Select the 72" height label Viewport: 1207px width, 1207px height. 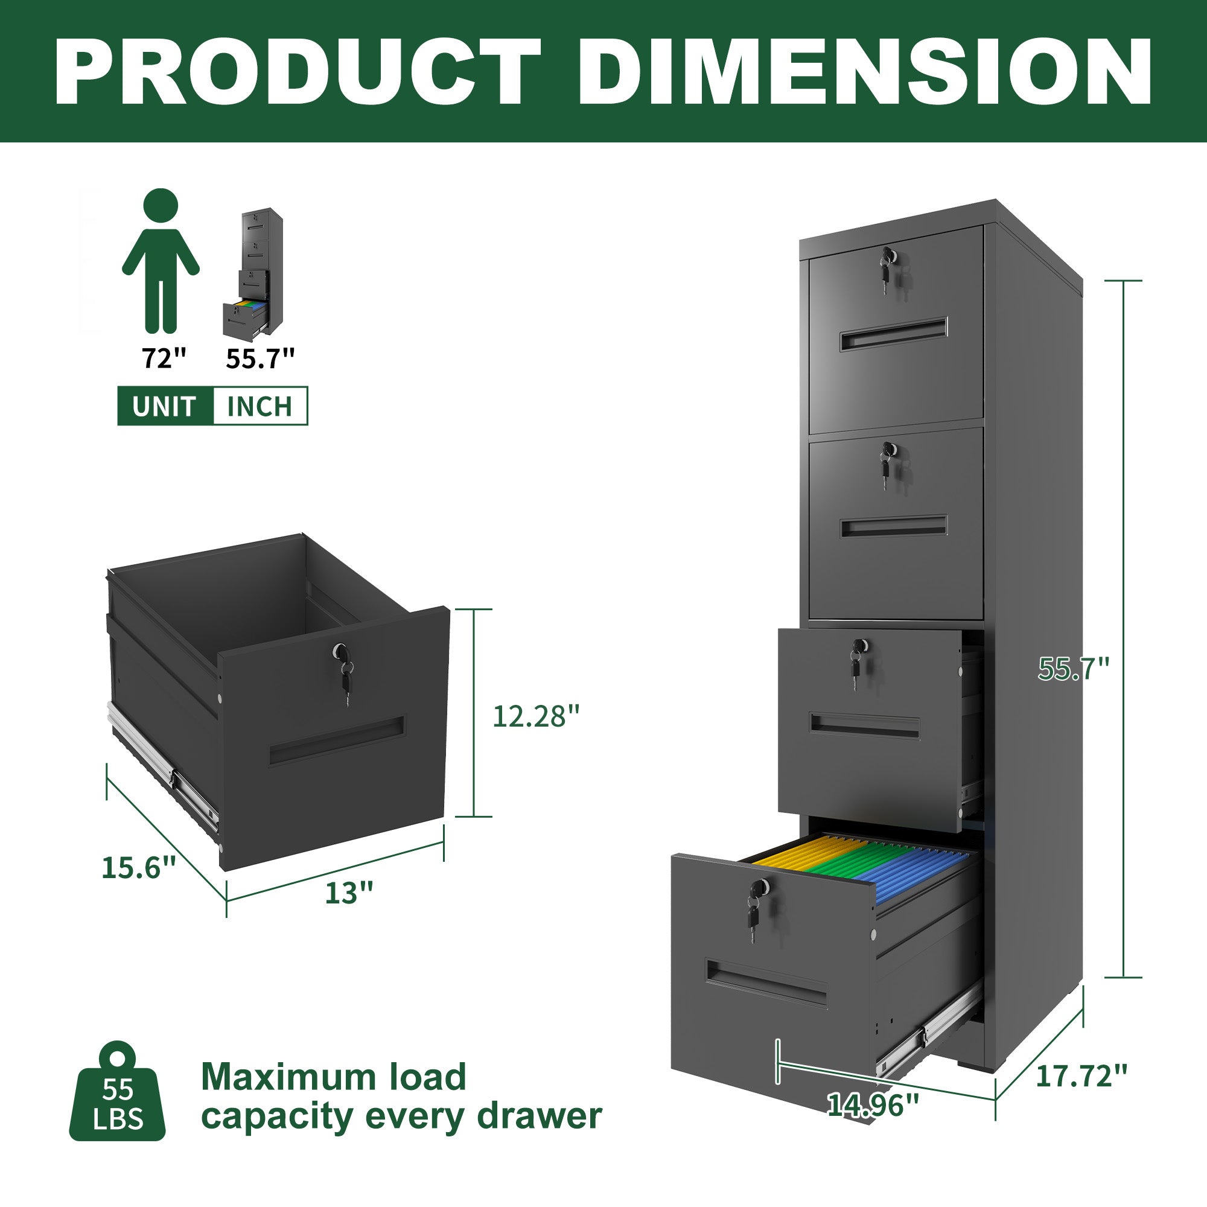click(164, 358)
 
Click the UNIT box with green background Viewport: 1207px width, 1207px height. click(165, 406)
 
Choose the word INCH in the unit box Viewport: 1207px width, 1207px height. click(260, 406)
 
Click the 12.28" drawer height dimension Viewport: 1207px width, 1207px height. click(536, 716)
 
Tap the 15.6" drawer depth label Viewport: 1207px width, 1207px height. click(139, 868)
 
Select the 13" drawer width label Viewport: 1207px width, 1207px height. click(349, 893)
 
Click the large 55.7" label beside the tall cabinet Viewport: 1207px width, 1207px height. click(1073, 669)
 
